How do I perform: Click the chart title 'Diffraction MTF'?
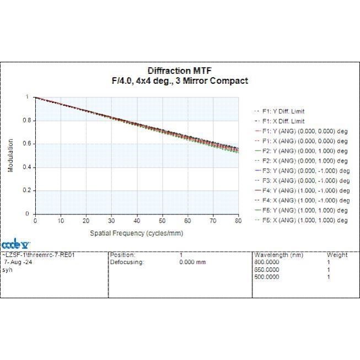point(180,71)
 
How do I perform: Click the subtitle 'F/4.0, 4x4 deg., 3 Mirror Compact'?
point(180,81)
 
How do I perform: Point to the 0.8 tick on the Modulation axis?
point(26,120)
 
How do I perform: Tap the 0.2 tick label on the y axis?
point(26,190)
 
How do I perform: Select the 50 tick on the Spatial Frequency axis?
point(162,221)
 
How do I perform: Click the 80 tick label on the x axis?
point(238,221)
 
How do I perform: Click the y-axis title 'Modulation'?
point(10,155)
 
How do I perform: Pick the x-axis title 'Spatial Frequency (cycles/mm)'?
point(137,233)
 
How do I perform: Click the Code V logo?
point(15,244)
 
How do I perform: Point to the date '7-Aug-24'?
point(18,262)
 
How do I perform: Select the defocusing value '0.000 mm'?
point(192,262)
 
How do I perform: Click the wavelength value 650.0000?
point(267,270)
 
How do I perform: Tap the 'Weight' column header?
point(337,255)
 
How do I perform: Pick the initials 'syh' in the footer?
point(7,270)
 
